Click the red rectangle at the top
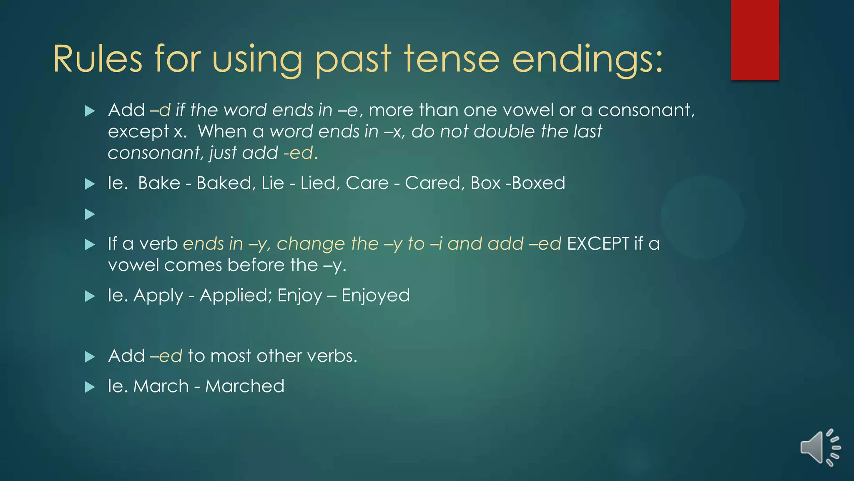(x=755, y=40)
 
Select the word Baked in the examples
(x=224, y=183)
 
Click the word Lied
(x=318, y=183)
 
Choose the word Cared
(x=432, y=183)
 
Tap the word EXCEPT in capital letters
(x=598, y=244)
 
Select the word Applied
(x=233, y=296)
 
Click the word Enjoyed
(x=375, y=296)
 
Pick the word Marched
(x=245, y=386)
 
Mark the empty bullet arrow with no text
(x=90, y=215)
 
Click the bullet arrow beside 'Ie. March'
(x=90, y=387)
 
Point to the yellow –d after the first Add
(x=160, y=110)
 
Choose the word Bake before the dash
(x=159, y=183)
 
